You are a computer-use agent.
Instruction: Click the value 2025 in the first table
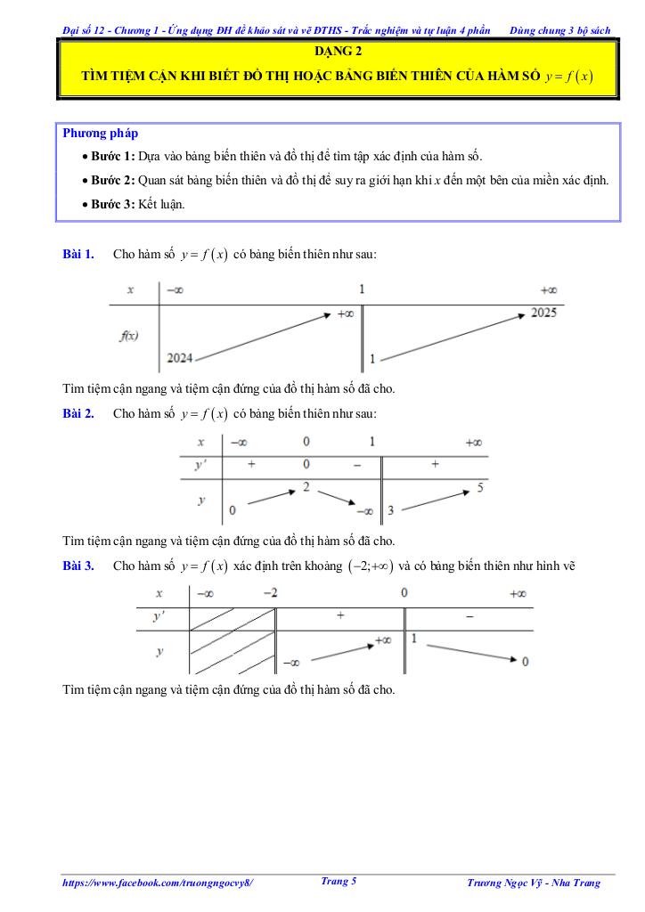(x=543, y=313)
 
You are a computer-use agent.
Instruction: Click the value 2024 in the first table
(x=179, y=357)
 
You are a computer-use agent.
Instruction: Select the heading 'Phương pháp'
(x=101, y=134)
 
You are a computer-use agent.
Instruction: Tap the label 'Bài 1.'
(x=78, y=255)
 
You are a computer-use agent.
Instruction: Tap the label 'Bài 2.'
(x=78, y=413)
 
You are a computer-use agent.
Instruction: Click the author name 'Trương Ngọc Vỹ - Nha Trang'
(x=534, y=883)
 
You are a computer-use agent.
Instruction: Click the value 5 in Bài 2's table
(x=480, y=487)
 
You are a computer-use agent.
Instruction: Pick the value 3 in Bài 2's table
(x=391, y=509)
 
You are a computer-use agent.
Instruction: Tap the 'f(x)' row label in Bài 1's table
(x=128, y=336)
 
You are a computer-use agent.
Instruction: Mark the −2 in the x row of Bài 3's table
(x=270, y=593)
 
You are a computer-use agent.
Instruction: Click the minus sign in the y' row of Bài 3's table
(x=469, y=615)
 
